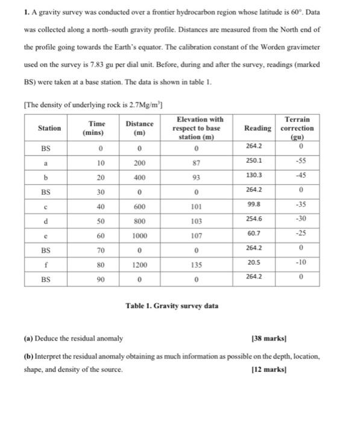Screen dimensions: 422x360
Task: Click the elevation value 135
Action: pos(198,265)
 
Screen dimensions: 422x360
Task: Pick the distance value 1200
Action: pos(139,265)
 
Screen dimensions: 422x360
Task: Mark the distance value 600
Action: pos(139,207)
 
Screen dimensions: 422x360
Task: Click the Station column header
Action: pos(49,128)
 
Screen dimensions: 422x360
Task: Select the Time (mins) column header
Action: pos(93,128)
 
